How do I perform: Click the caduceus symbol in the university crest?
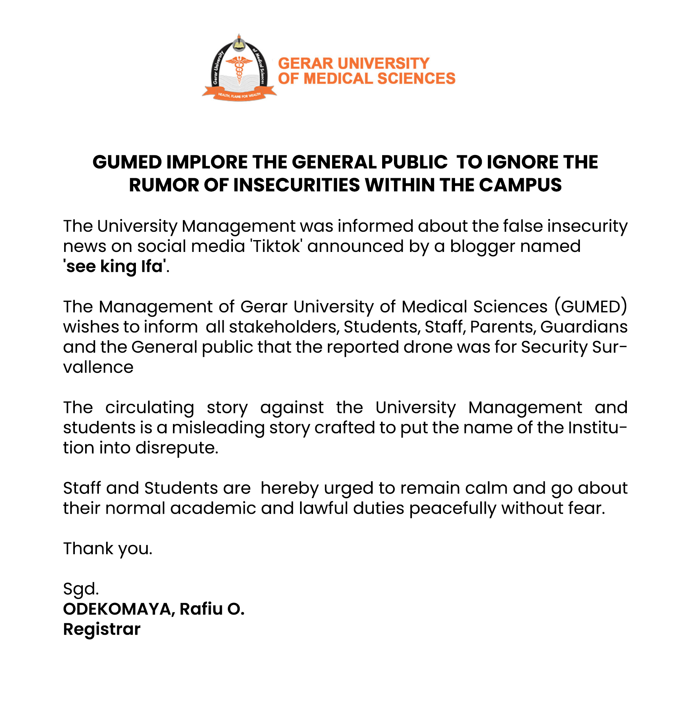(239, 68)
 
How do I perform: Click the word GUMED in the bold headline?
(127, 162)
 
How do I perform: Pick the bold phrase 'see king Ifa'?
(115, 266)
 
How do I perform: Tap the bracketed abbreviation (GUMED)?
(590, 307)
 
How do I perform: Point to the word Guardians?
(584, 327)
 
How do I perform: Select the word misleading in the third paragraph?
(218, 428)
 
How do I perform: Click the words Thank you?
(108, 549)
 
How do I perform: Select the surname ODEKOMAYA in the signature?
(119, 609)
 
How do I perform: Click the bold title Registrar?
(102, 629)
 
